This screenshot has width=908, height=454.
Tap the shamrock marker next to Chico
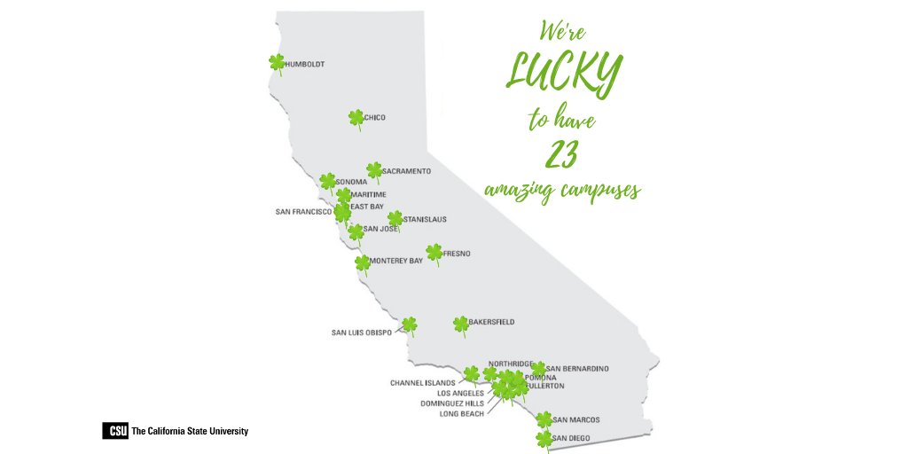356,118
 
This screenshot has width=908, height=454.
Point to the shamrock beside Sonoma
328,182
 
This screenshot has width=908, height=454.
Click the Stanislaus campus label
425,219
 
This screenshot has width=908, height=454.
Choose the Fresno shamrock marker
434,253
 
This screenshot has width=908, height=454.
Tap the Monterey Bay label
396,261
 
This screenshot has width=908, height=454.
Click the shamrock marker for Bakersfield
460,324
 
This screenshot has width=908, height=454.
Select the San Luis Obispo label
361,333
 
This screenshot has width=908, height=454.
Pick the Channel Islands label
422,383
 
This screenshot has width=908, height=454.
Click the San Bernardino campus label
577,368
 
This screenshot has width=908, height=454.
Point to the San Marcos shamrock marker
544,419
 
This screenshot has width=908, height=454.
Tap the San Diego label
570,438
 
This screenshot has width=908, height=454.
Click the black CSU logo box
114,432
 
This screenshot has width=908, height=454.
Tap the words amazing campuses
562,190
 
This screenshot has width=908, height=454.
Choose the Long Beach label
461,414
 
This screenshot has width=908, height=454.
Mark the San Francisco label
303,212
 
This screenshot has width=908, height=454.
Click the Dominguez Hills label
452,403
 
